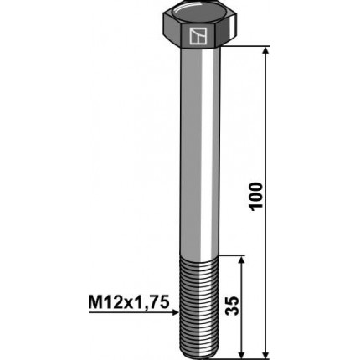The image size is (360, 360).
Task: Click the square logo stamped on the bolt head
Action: pyautogui.click(x=198, y=36)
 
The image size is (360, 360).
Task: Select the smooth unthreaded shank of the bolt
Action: pyautogui.click(x=197, y=151)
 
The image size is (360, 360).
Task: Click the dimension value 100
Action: pyautogui.click(x=256, y=197)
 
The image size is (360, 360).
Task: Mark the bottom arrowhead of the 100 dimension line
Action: pyautogui.click(x=266, y=352)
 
